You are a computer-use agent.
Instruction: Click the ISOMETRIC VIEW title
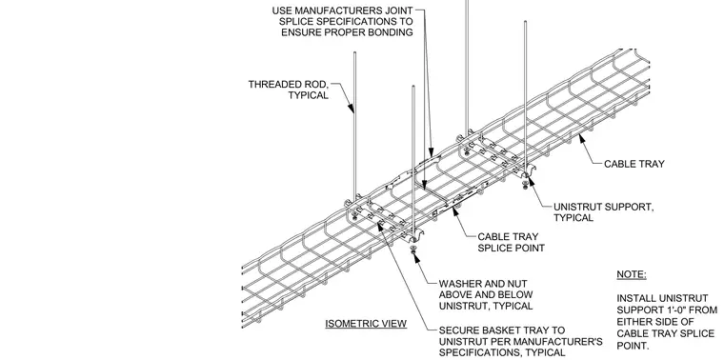[x=366, y=324]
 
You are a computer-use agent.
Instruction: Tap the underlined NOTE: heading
[x=632, y=274]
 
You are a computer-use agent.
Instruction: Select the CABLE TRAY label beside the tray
[x=633, y=164]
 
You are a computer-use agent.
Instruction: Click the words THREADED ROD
[x=288, y=85]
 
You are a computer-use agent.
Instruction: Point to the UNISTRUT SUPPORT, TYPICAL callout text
[x=603, y=212]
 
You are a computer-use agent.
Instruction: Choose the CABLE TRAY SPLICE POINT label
[x=511, y=242]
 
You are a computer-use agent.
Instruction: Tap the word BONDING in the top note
[x=390, y=32]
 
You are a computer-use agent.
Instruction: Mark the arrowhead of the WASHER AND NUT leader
[x=417, y=257]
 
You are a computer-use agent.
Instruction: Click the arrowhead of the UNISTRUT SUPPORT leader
[x=531, y=181]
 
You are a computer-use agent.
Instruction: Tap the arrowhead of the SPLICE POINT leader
[x=456, y=211]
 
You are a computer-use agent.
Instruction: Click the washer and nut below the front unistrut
[x=413, y=250]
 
